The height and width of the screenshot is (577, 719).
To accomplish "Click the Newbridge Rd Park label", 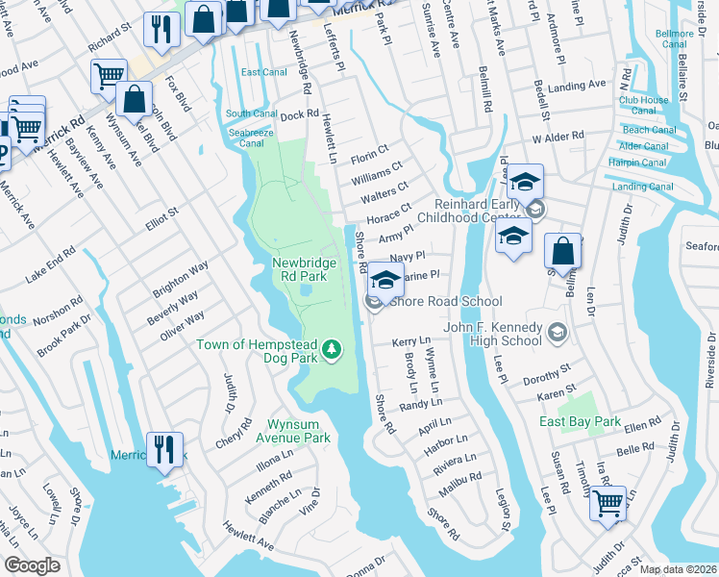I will (x=305, y=269).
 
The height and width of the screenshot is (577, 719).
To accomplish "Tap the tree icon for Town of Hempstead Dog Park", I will (x=332, y=347).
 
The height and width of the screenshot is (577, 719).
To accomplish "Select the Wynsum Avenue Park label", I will (x=285, y=430).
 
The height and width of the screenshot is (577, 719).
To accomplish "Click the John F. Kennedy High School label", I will (x=493, y=334).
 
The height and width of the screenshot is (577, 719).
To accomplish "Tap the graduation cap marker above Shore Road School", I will (x=385, y=281).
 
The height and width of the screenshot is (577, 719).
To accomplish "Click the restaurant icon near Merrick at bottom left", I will (x=163, y=449).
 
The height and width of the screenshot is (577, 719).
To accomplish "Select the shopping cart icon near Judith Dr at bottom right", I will (x=608, y=504).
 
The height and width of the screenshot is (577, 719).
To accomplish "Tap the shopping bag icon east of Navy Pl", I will (x=562, y=252).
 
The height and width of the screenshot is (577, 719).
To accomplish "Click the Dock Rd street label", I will (x=299, y=114).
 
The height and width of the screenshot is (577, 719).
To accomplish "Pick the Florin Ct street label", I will (x=368, y=154).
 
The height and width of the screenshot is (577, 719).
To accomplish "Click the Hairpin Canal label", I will (x=638, y=163).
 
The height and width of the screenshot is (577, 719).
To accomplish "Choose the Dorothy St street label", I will (x=546, y=374).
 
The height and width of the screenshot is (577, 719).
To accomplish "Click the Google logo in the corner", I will (x=32, y=565).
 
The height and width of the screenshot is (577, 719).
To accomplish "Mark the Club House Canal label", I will (x=643, y=106).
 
